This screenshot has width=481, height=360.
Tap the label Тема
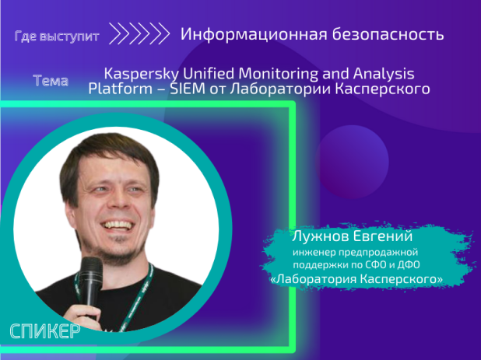click(51, 81)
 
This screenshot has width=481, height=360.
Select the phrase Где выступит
click(56, 36)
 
